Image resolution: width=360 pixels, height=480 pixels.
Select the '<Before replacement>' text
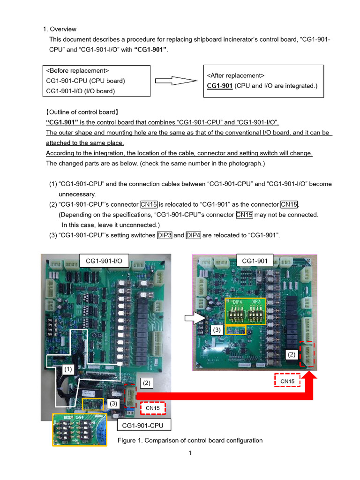[x=77, y=70]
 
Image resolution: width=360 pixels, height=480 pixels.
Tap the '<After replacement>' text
[x=236, y=75]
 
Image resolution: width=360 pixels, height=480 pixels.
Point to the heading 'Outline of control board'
[x=82, y=112]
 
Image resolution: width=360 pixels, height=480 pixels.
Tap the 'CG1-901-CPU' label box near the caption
[x=144, y=425]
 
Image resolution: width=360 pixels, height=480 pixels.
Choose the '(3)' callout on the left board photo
[x=113, y=403]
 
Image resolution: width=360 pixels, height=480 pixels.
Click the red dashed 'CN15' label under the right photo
[x=287, y=382]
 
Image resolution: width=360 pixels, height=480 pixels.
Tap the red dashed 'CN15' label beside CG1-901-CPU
[x=153, y=408]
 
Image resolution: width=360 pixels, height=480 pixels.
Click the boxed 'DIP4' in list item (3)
[x=194, y=235]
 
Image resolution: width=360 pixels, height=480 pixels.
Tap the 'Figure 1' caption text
[x=190, y=440]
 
